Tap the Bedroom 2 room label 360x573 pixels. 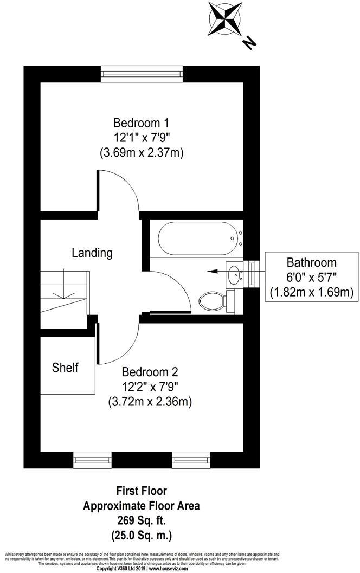coord(150,372)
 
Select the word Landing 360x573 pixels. coord(92,253)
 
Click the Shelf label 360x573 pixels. coord(65,368)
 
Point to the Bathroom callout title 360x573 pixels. coord(312,262)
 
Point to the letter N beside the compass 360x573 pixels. coord(249,43)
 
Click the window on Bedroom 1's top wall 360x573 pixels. coord(142,73)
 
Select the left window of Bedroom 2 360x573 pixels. coord(92,460)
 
